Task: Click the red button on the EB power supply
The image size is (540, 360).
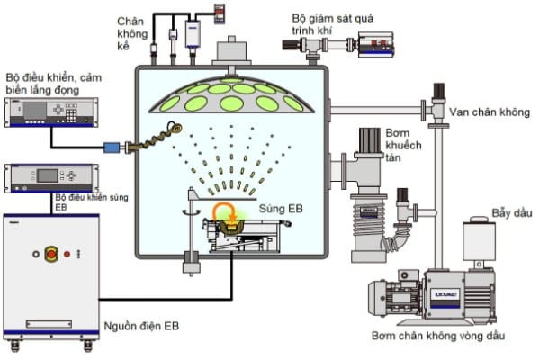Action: pyautogui.click(x=50, y=255)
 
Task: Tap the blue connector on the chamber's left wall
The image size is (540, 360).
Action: pyautogui.click(x=114, y=146)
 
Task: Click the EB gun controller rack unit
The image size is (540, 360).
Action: pyautogui.click(x=50, y=177)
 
